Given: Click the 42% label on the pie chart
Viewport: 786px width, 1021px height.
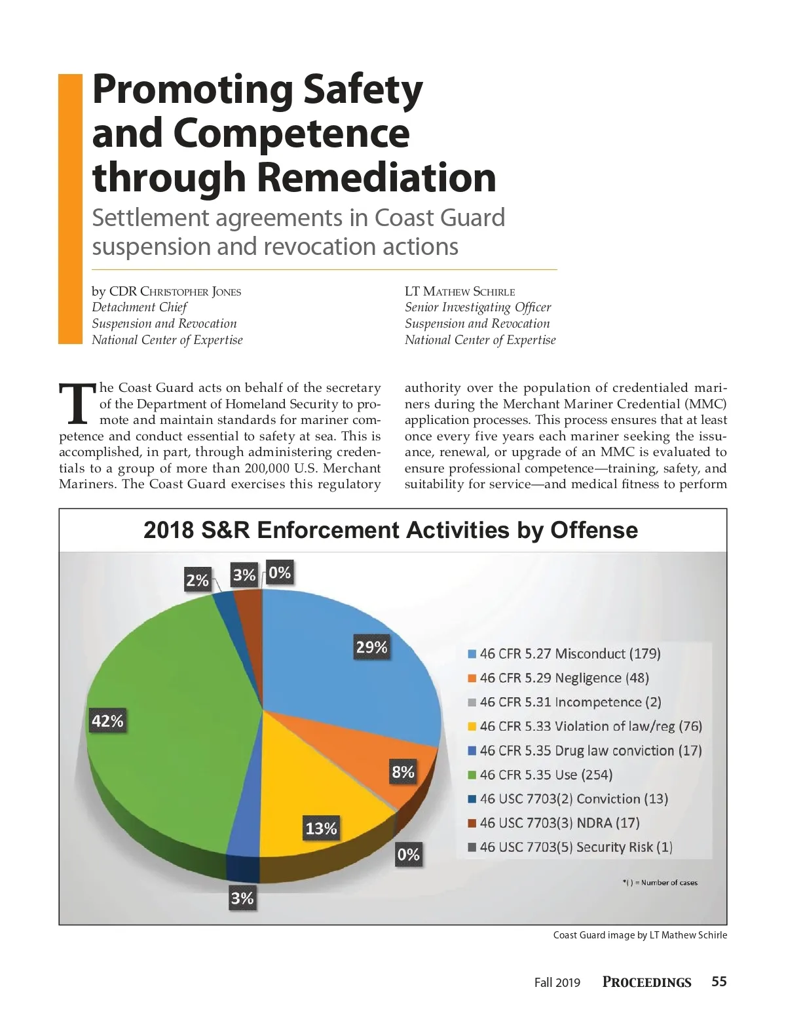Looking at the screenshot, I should tap(107, 721).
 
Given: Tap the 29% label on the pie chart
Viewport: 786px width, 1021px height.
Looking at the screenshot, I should tap(371, 647).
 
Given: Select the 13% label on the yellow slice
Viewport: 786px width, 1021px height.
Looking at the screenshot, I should tap(321, 828).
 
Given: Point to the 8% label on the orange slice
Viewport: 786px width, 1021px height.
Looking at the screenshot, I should tap(403, 772).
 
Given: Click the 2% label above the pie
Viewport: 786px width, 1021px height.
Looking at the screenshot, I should tap(197, 580).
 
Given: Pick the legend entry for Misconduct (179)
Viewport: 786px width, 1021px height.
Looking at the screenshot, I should tap(564, 653).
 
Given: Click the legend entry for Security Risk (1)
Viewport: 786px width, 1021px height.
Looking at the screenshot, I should tap(570, 847).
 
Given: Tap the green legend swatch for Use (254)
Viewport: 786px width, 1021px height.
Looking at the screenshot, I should tap(472, 775).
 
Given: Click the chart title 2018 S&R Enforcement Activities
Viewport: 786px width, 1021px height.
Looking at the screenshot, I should tap(390, 530).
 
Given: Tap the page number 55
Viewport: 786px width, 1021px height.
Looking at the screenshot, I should tap(719, 981).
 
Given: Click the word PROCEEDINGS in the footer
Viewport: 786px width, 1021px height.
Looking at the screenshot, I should tap(646, 982).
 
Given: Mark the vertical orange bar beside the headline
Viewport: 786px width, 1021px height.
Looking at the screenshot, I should tap(70, 208).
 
